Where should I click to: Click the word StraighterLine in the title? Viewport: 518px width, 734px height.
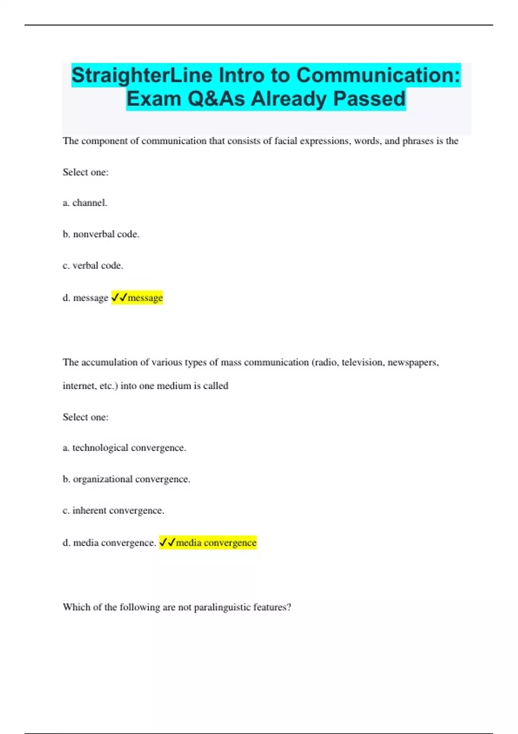tap(142, 76)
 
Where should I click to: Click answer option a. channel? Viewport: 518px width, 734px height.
tap(85, 203)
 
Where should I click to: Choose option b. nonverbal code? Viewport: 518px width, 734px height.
tap(101, 234)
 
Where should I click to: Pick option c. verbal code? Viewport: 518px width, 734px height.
tap(93, 266)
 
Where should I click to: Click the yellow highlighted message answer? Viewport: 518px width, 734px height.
tap(137, 297)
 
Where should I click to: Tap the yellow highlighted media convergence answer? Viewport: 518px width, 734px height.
tap(208, 542)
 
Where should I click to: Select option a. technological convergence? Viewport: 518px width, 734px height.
tap(124, 448)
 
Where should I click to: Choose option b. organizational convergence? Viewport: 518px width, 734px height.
tap(126, 479)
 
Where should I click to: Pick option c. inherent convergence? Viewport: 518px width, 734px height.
tap(114, 510)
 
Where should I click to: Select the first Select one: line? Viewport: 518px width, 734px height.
tap(85, 172)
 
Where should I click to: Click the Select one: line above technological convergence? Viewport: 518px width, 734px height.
tap(85, 417)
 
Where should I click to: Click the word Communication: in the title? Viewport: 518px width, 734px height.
tap(378, 76)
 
